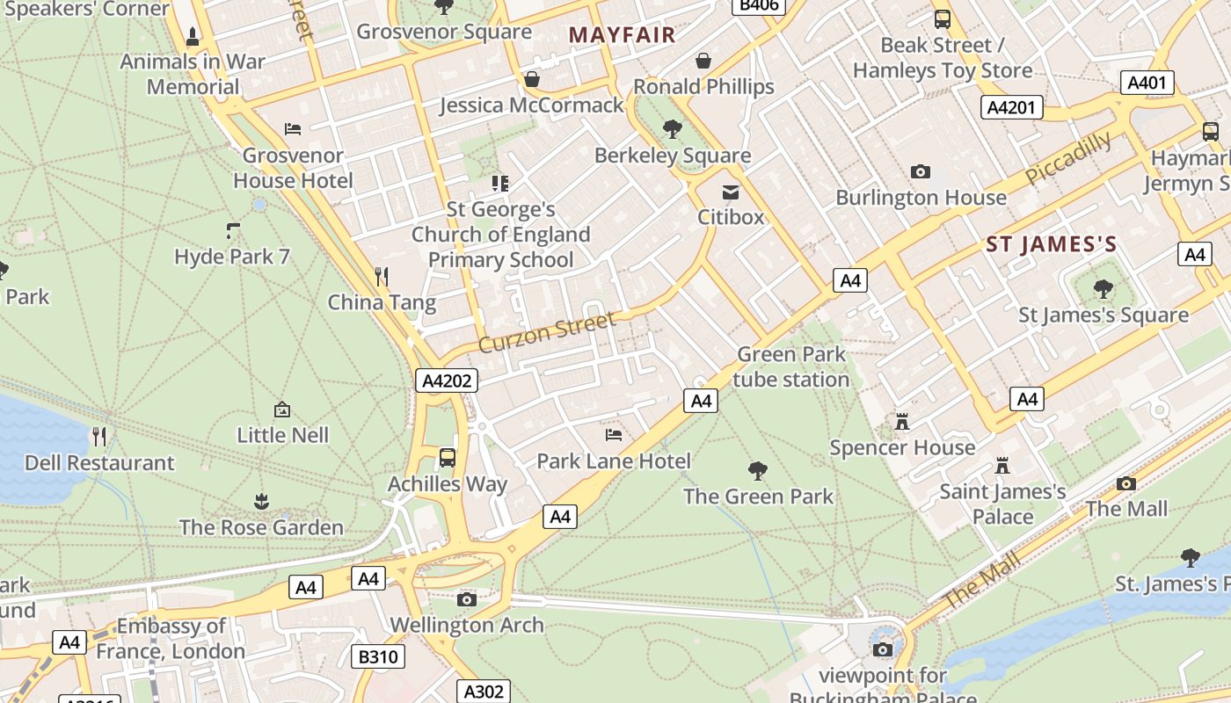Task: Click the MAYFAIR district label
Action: pos(622,35)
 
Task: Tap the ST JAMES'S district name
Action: pos(1051,244)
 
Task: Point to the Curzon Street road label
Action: pos(547,332)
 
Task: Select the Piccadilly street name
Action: pos(1068,158)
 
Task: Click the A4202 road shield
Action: pos(447,380)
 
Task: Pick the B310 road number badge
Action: pos(379,656)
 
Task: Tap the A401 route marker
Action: pos(1147,83)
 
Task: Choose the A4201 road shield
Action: pos(1011,107)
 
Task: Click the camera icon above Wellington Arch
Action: pos(467,599)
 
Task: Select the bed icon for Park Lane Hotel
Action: pos(614,434)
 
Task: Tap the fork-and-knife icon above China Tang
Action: pos(382,277)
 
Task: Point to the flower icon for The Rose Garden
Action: pos(261,502)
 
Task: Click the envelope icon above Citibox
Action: pos(730,192)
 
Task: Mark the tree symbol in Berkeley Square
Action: pos(672,129)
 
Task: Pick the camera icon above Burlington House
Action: pos(921,171)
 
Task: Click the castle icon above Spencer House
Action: pos(901,422)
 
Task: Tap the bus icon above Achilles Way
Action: pos(448,458)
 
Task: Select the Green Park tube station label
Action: pos(791,366)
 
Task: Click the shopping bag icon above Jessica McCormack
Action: pos(531,80)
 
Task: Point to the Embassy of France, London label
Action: pos(171,639)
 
